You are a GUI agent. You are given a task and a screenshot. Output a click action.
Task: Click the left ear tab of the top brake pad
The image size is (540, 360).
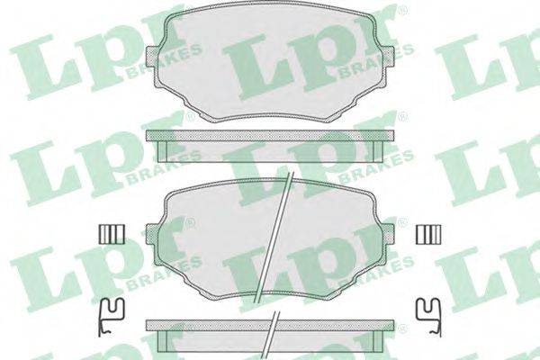pos(153,56)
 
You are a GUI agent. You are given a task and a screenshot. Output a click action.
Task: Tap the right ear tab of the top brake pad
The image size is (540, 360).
pos(387,56)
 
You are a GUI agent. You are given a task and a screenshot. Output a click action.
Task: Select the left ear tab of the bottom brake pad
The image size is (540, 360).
pos(153,233)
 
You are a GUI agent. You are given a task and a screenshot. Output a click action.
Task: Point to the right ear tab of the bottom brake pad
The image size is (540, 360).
pos(387,233)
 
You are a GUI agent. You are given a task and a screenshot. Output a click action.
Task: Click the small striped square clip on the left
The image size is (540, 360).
pos(112,234)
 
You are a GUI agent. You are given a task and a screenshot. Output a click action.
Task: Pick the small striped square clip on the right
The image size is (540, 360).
pos(428,234)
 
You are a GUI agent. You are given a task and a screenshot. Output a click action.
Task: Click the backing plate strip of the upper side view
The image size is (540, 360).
pos(270,135)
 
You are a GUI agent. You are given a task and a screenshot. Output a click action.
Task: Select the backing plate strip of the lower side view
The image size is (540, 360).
pos(270,325)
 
